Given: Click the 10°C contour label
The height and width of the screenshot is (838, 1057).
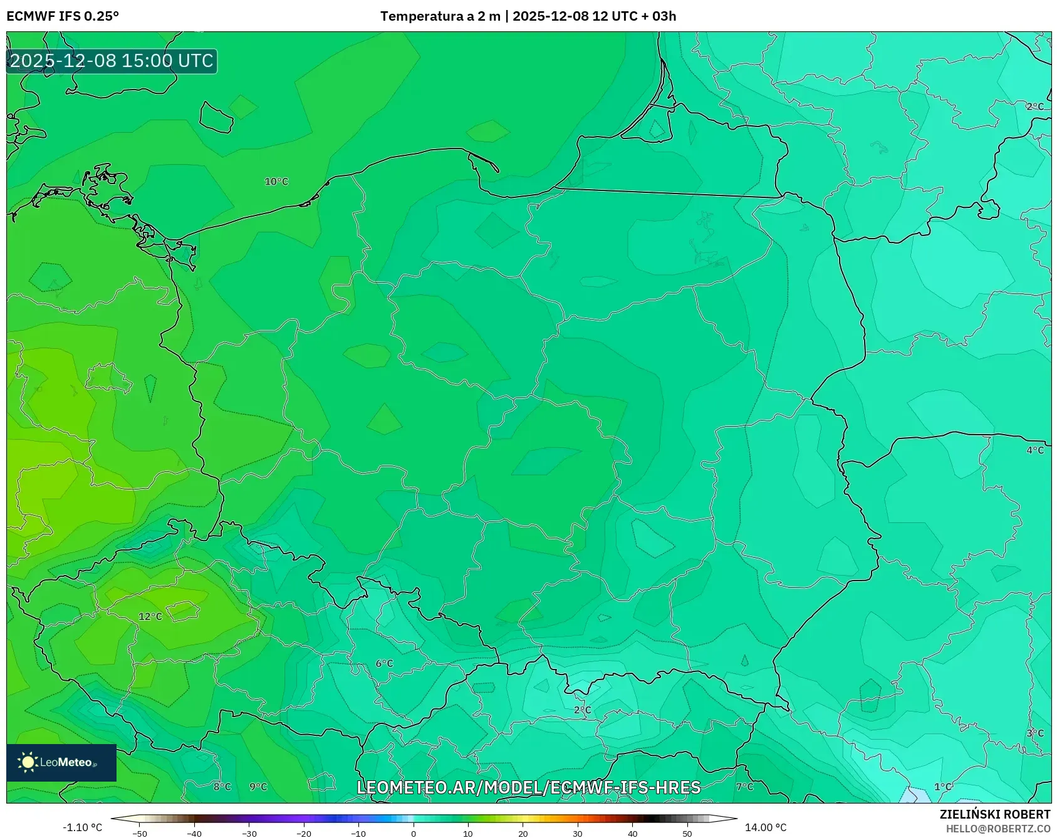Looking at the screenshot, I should tap(276, 182).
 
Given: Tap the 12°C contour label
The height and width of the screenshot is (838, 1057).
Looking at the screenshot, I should tap(150, 616).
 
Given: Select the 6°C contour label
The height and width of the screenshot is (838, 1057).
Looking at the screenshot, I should tap(384, 663).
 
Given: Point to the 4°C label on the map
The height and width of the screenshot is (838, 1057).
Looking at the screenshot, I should tap(1035, 450).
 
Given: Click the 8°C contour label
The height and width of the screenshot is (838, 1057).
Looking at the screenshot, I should tap(222, 787).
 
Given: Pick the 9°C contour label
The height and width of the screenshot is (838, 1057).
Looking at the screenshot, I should tap(258, 787).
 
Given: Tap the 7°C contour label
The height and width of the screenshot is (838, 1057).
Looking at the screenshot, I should tap(744, 787).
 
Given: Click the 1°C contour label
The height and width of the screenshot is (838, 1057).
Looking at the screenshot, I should tap(943, 787).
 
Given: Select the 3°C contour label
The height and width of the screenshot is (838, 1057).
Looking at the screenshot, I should tap(1035, 733).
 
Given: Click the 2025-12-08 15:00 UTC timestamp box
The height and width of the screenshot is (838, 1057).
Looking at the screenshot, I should tap(112, 61).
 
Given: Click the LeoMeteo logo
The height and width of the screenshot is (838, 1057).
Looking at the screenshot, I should tap(61, 762).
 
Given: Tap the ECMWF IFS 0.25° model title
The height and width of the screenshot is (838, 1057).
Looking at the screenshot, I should tap(63, 16).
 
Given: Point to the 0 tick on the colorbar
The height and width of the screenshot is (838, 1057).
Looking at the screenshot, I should tap(414, 833).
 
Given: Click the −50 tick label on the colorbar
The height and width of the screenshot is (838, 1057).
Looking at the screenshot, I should tap(140, 833).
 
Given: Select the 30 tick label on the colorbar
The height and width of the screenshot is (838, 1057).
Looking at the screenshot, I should tap(578, 833).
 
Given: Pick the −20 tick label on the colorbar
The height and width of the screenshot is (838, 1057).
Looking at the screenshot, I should tap(304, 833).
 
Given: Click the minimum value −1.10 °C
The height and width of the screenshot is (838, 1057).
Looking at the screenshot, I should tap(82, 827).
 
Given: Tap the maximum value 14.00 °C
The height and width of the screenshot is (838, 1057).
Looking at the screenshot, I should tap(766, 827).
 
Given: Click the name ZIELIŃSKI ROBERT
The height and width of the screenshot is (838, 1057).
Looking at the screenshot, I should tap(994, 814).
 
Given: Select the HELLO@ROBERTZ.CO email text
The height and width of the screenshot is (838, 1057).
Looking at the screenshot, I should tap(998, 829).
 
